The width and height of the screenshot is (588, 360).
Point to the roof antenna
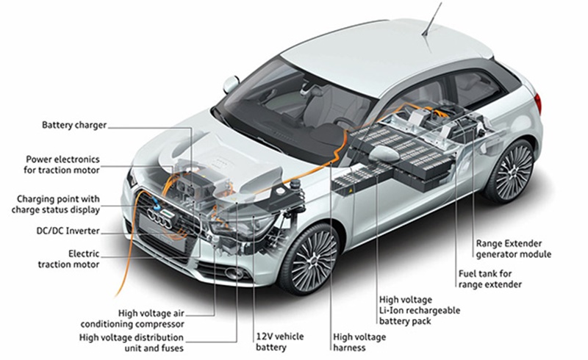pyautogui.click(x=433, y=18)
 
